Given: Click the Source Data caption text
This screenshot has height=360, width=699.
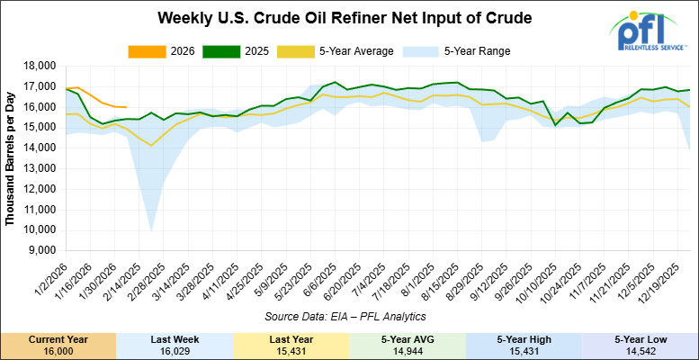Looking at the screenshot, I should click(x=346, y=317).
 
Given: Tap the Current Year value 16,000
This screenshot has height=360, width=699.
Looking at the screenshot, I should click(x=58, y=352).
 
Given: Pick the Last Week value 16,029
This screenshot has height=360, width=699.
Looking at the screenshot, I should click(x=175, y=352).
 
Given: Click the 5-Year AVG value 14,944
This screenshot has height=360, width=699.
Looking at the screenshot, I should click(x=408, y=352).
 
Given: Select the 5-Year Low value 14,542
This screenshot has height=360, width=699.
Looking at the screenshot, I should click(x=641, y=352).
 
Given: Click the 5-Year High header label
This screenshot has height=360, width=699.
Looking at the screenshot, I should click(x=524, y=339).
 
